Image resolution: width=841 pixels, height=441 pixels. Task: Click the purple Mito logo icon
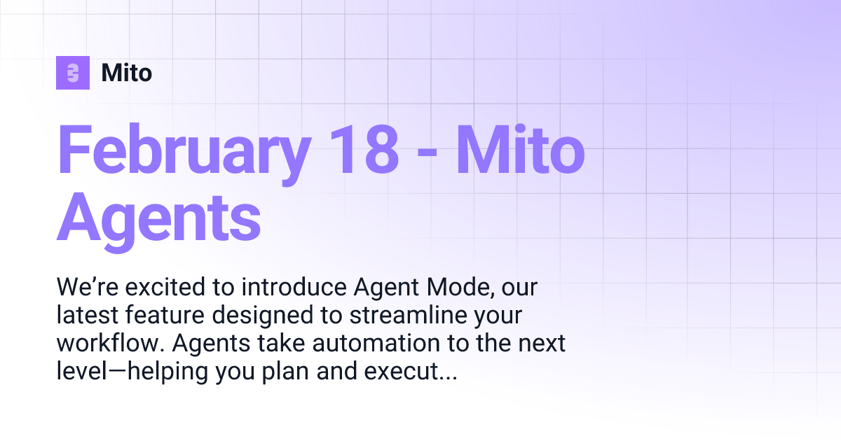tap(73, 73)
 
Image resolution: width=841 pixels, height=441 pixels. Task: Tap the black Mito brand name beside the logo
tap(126, 73)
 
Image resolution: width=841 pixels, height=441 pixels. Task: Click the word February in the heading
tap(184, 150)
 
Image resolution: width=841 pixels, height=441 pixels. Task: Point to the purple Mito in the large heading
tap(521, 150)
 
